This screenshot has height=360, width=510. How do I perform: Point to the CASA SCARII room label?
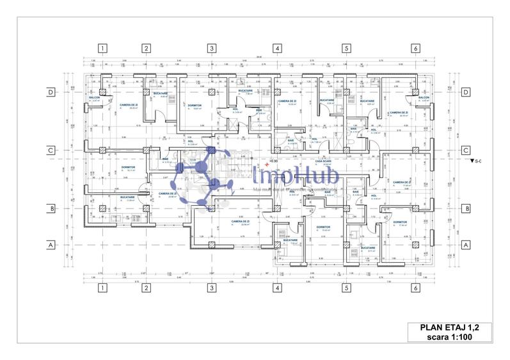point(314,161)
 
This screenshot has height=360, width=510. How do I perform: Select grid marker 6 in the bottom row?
point(415,288)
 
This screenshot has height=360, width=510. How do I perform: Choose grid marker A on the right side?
point(466,244)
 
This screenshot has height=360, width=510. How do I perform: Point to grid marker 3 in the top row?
point(211,48)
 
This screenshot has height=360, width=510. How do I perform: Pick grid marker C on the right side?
point(466,150)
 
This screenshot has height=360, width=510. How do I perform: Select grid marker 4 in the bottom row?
point(277,288)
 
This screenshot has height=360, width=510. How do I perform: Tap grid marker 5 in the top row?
point(346,48)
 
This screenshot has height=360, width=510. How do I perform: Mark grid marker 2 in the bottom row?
point(146,288)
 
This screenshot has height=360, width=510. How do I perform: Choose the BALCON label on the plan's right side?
point(424,98)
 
